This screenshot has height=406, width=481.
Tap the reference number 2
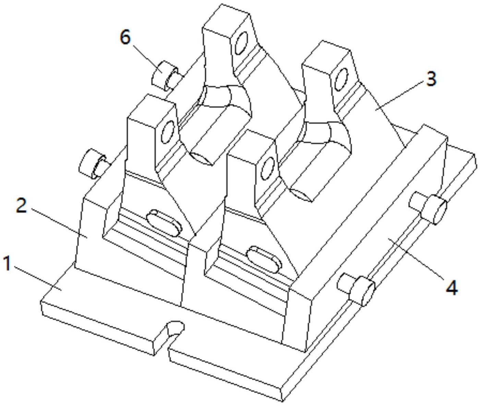tap(22, 206)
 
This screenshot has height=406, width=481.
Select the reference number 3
tap(431, 79)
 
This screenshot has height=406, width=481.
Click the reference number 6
tap(125, 37)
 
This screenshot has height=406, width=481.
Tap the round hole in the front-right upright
tap(268, 168)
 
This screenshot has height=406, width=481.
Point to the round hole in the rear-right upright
tap(341, 79)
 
